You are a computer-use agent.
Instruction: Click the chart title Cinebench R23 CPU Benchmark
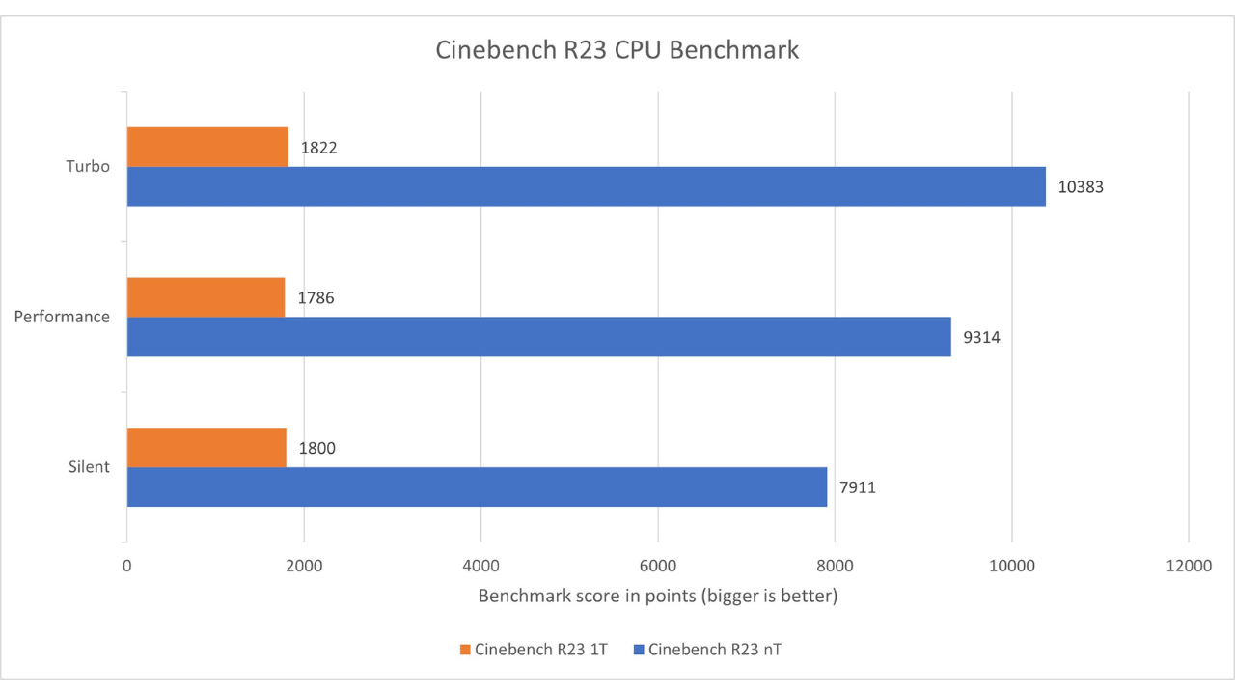pos(617,50)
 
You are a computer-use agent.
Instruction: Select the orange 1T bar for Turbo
pos(207,147)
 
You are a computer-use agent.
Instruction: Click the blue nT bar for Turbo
pos(587,186)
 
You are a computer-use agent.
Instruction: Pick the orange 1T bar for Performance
pos(206,297)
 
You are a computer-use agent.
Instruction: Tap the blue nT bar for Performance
pos(538,337)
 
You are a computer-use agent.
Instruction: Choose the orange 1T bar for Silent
pos(206,447)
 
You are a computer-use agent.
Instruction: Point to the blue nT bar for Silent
pos(477,486)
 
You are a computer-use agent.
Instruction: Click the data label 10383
pos(1081,187)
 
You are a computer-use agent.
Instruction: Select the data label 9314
pos(982,338)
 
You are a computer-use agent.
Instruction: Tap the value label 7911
pos(858,487)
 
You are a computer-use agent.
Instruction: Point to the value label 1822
pos(318,148)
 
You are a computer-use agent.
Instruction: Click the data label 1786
pos(316,298)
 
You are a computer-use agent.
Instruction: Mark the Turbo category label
pos(88,166)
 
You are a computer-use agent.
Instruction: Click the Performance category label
pos(62,317)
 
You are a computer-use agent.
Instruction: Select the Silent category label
pos(89,467)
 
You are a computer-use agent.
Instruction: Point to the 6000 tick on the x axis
pos(658,568)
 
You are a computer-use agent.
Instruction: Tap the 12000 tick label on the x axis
pos(1188,568)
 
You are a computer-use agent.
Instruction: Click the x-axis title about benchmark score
pos(658,597)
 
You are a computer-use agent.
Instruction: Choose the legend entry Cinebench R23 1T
pos(532,650)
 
